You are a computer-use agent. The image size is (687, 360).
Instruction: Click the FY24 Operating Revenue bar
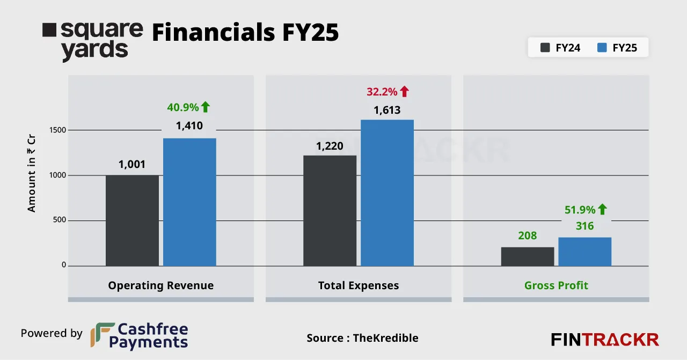(x=132, y=221)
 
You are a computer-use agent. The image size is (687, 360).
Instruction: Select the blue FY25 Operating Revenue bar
(x=189, y=202)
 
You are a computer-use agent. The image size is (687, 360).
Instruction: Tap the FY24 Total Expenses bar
(x=330, y=211)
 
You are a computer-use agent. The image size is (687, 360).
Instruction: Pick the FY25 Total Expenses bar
(x=387, y=193)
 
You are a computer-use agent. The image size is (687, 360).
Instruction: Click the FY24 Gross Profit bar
(x=528, y=256)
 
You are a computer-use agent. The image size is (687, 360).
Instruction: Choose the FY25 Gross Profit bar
(x=584, y=252)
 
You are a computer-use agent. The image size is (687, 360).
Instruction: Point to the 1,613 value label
(x=387, y=111)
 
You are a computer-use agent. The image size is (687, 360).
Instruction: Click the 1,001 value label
(x=132, y=164)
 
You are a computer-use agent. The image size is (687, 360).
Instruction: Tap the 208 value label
(x=528, y=236)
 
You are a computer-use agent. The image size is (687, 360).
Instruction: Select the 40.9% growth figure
(x=182, y=107)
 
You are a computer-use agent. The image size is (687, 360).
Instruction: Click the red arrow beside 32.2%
(x=404, y=92)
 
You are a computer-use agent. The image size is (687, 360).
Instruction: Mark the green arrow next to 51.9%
(x=602, y=209)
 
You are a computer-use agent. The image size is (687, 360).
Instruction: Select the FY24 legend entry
(x=560, y=48)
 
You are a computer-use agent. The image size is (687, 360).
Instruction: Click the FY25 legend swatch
(x=602, y=48)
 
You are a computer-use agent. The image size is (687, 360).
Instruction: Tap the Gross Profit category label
(x=556, y=285)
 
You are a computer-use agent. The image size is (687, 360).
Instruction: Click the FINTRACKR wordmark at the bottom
(x=605, y=340)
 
